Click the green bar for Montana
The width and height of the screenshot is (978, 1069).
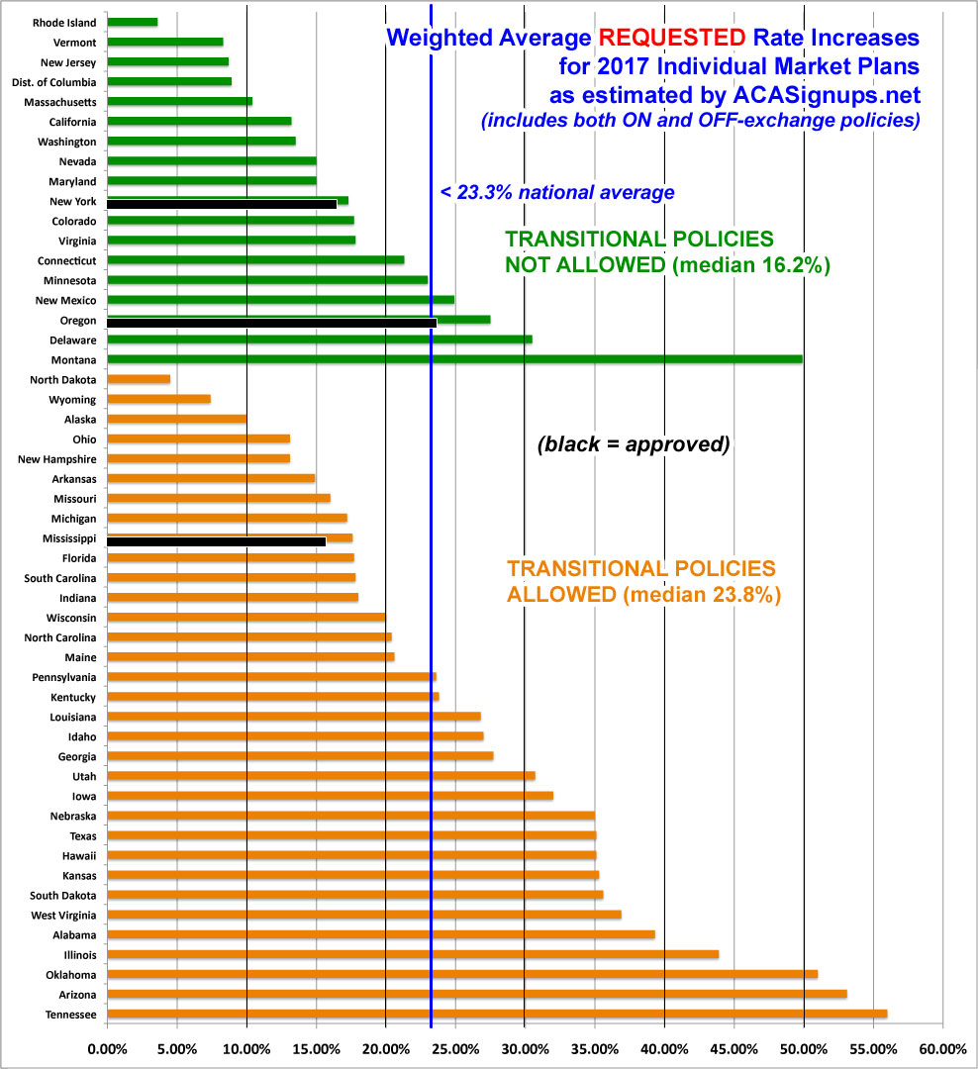click(x=454, y=359)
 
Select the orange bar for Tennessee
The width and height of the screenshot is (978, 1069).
click(x=496, y=1014)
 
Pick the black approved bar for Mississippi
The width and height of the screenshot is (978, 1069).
click(x=216, y=541)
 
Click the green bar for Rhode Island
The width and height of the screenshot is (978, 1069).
click(x=132, y=22)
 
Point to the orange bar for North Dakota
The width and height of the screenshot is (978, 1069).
click(x=139, y=379)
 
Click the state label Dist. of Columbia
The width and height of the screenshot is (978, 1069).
click(x=58, y=82)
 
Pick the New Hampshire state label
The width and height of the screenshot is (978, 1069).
click(x=56, y=459)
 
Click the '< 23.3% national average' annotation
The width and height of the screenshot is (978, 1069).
click(x=557, y=193)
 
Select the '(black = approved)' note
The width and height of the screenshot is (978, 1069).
click(x=634, y=444)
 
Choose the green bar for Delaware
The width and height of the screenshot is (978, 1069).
click(x=319, y=340)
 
